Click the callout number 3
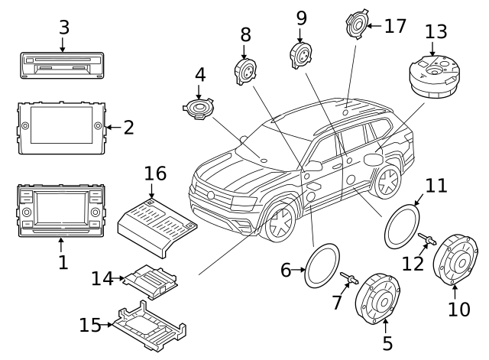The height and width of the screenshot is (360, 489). pos(64,28)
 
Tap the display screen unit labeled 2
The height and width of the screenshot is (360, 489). pos(61,126)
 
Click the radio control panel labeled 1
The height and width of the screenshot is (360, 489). pos(61,208)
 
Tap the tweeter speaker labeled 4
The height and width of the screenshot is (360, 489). pos(200,108)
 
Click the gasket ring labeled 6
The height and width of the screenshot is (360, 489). pos(323,264)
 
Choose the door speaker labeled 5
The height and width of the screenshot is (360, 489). pos(379,304)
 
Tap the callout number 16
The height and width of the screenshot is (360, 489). pos(155,174)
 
